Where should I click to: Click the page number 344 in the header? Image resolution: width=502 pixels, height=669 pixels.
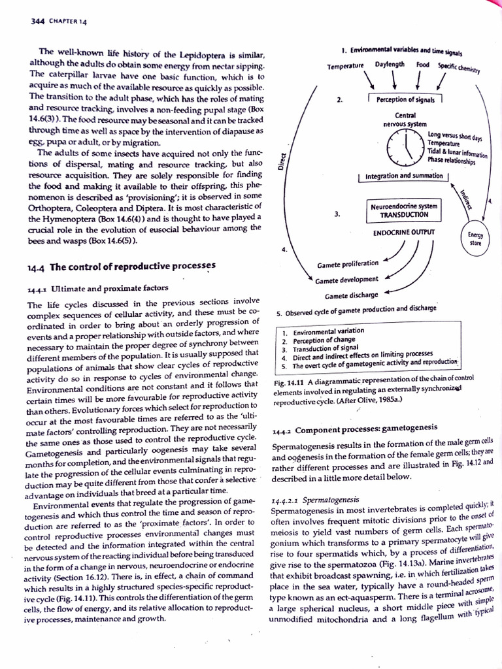point(37,22)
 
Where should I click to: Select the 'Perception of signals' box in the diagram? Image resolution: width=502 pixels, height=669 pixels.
point(405,99)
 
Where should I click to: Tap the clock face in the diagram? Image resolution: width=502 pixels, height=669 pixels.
point(405,145)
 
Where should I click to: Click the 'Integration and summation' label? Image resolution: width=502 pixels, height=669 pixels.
point(403,176)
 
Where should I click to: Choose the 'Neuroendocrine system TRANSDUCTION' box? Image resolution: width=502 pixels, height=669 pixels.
point(403,210)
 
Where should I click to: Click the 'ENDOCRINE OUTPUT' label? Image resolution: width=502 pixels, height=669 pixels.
point(403,232)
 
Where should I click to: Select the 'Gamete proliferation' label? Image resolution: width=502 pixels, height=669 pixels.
point(347,263)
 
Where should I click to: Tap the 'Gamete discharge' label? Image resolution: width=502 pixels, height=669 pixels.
point(351,295)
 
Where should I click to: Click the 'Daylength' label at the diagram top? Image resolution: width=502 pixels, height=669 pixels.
point(390,65)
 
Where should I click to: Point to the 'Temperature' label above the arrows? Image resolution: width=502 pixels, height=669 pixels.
point(346,67)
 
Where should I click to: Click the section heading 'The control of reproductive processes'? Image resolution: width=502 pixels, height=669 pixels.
point(132,267)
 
